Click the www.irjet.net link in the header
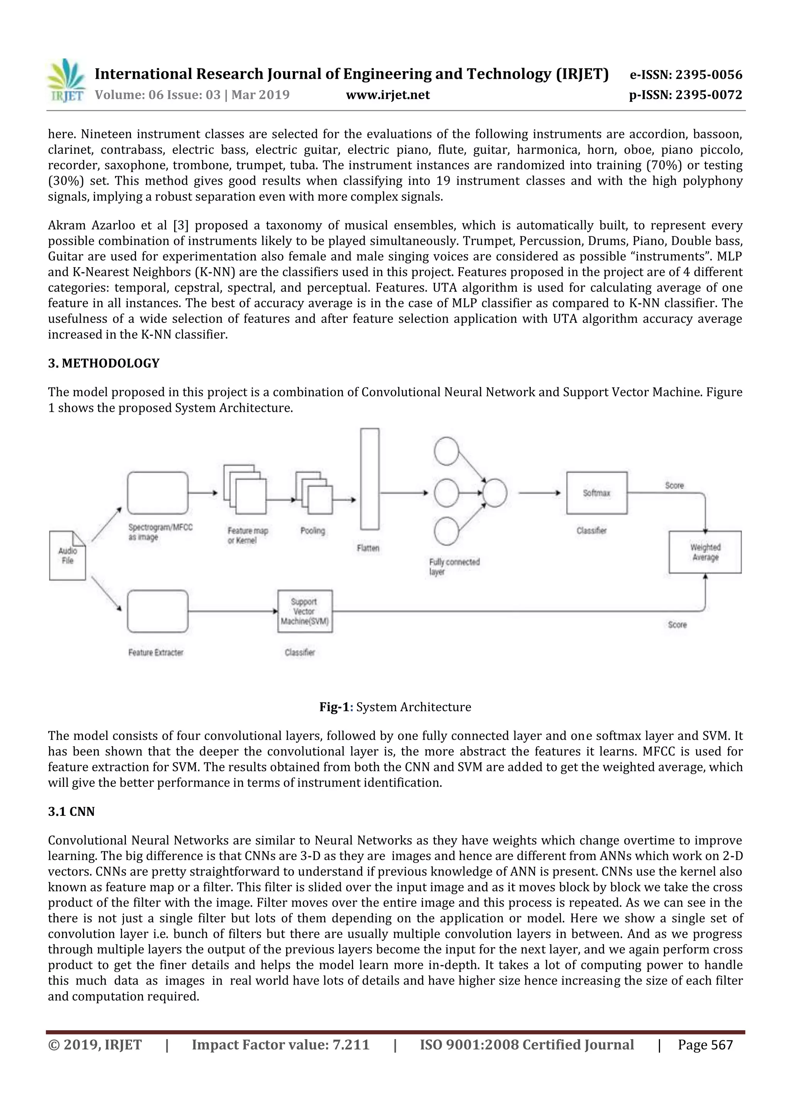pyautogui.click(x=387, y=95)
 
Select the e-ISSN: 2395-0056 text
pyautogui.click(x=686, y=75)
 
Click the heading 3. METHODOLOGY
pyautogui.click(x=104, y=363)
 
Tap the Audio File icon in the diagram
pyautogui.click(x=68, y=555)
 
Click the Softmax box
pyautogui.click(x=597, y=493)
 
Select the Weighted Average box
pyautogui.click(x=705, y=552)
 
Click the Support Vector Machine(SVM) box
pyautogui.click(x=305, y=611)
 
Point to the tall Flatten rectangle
pyautogui.click(x=369, y=479)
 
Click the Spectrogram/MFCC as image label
pyautogui.click(x=160, y=532)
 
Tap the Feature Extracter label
pyautogui.click(x=156, y=652)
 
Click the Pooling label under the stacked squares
pyautogui.click(x=312, y=530)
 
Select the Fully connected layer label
pyautogui.click(x=454, y=566)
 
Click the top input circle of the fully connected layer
pyautogui.click(x=446, y=451)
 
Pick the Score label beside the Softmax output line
pyautogui.click(x=674, y=486)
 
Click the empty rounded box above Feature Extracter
pyautogui.click(x=158, y=611)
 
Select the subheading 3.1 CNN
pyautogui.click(x=71, y=812)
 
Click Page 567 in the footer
pyautogui.click(x=705, y=1044)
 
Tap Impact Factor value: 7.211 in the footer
pyautogui.click(x=280, y=1044)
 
